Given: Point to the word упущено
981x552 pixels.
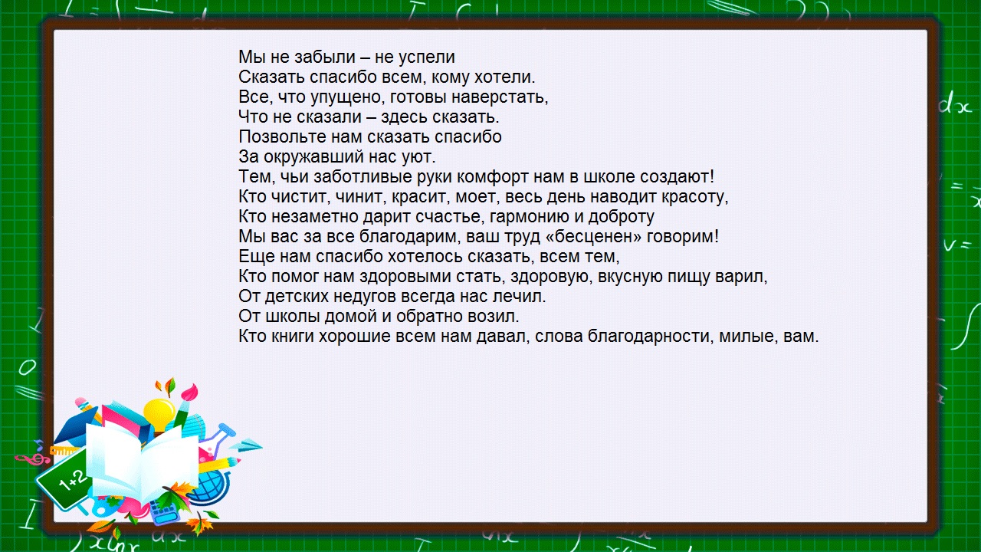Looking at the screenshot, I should pos(345,97).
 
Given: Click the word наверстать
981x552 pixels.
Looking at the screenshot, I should pos(507,97).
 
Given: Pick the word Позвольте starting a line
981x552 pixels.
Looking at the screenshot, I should pos(274,137).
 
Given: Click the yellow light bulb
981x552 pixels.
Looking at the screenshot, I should pos(159,411).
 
